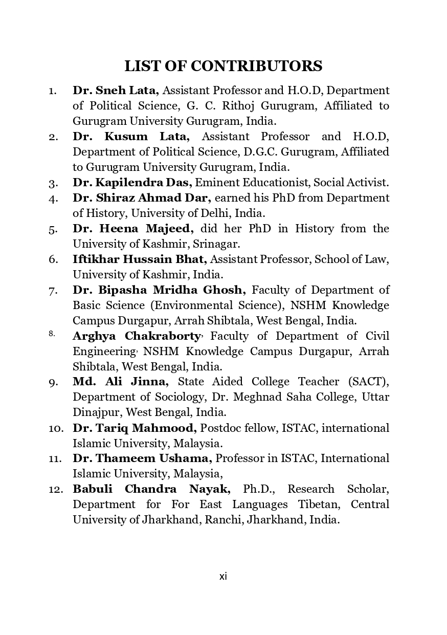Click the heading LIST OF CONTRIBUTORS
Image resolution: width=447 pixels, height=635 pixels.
(223, 66)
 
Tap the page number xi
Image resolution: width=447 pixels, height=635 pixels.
(223, 576)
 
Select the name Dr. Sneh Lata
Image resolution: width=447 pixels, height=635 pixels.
(116, 91)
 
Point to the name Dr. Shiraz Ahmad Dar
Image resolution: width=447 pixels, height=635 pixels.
(142, 198)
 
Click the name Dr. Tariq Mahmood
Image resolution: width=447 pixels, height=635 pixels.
(135, 428)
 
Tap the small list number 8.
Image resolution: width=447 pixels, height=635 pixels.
(52, 334)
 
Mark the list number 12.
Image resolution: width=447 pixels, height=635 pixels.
(56, 489)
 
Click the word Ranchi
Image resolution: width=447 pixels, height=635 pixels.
(220, 520)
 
